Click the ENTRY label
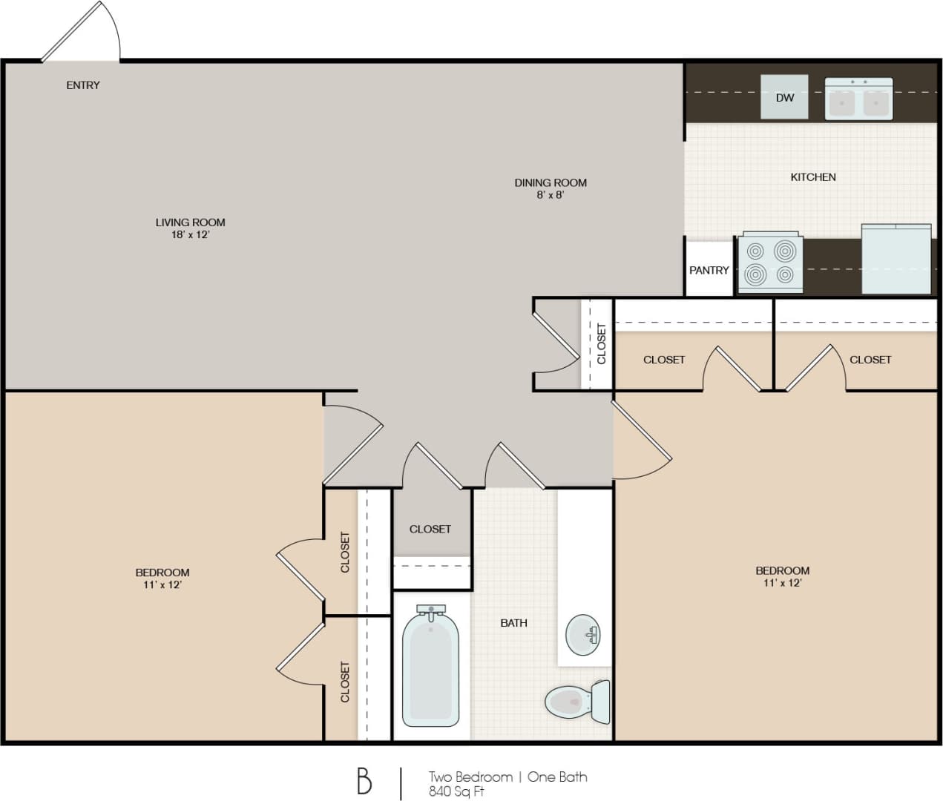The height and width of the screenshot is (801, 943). click(82, 85)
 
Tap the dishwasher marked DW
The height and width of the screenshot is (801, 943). click(784, 97)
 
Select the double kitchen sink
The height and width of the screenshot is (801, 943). click(858, 99)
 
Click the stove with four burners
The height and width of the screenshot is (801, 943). click(770, 263)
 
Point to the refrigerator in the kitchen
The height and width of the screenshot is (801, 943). click(896, 260)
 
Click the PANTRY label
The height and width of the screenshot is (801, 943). click(709, 270)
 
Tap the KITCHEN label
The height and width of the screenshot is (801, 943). click(812, 177)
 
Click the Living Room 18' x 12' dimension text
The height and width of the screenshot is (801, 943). click(190, 234)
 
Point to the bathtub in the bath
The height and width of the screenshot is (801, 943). click(430, 667)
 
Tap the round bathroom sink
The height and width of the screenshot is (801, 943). click(582, 635)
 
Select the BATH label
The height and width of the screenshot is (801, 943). click(513, 623)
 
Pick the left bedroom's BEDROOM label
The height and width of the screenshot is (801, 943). click(162, 572)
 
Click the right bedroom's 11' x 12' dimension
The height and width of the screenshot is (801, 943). click(782, 583)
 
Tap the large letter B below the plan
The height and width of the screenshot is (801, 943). click(364, 781)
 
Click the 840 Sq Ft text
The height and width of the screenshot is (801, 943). click(456, 791)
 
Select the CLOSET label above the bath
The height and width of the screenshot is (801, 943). click(430, 529)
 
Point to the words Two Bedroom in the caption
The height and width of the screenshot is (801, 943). click(470, 777)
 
